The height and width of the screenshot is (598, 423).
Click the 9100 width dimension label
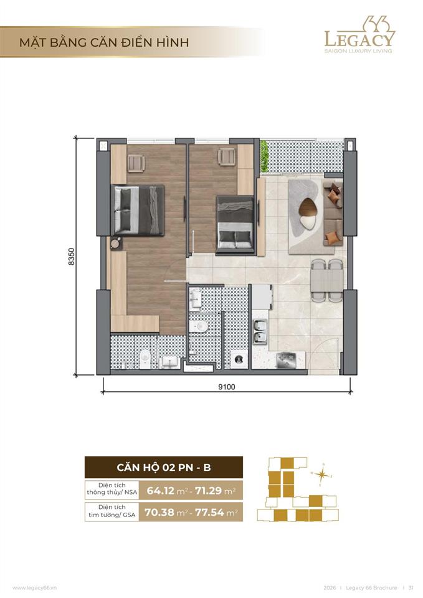(x=227, y=387)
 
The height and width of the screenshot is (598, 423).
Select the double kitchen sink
(x=260, y=331)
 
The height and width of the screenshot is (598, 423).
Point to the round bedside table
(x=116, y=243)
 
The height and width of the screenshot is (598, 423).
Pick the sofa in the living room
(x=333, y=214)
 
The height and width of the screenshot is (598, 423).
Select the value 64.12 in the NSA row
(x=161, y=491)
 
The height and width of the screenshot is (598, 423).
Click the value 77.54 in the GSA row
(x=209, y=512)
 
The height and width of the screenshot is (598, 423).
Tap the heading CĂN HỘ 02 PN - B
(x=164, y=467)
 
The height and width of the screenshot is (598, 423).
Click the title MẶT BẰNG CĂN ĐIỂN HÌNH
(x=104, y=42)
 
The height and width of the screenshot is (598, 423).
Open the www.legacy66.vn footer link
(x=35, y=587)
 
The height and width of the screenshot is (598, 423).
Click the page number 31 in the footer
(x=411, y=587)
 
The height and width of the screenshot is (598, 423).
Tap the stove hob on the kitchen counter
(x=287, y=359)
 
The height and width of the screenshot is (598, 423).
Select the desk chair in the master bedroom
(x=136, y=163)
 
